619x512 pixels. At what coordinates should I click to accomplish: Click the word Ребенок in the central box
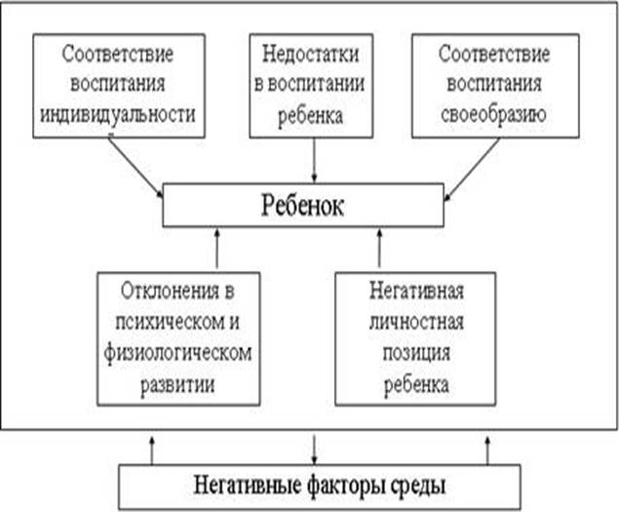(302, 207)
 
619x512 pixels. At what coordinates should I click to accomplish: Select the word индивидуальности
(119, 115)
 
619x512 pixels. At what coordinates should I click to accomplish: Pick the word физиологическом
(179, 352)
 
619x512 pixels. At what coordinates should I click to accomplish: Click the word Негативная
(415, 291)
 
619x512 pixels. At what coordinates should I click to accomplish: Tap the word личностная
(415, 322)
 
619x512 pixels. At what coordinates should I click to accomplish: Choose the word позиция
(415, 353)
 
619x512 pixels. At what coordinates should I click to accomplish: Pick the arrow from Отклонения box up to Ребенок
(215, 250)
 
